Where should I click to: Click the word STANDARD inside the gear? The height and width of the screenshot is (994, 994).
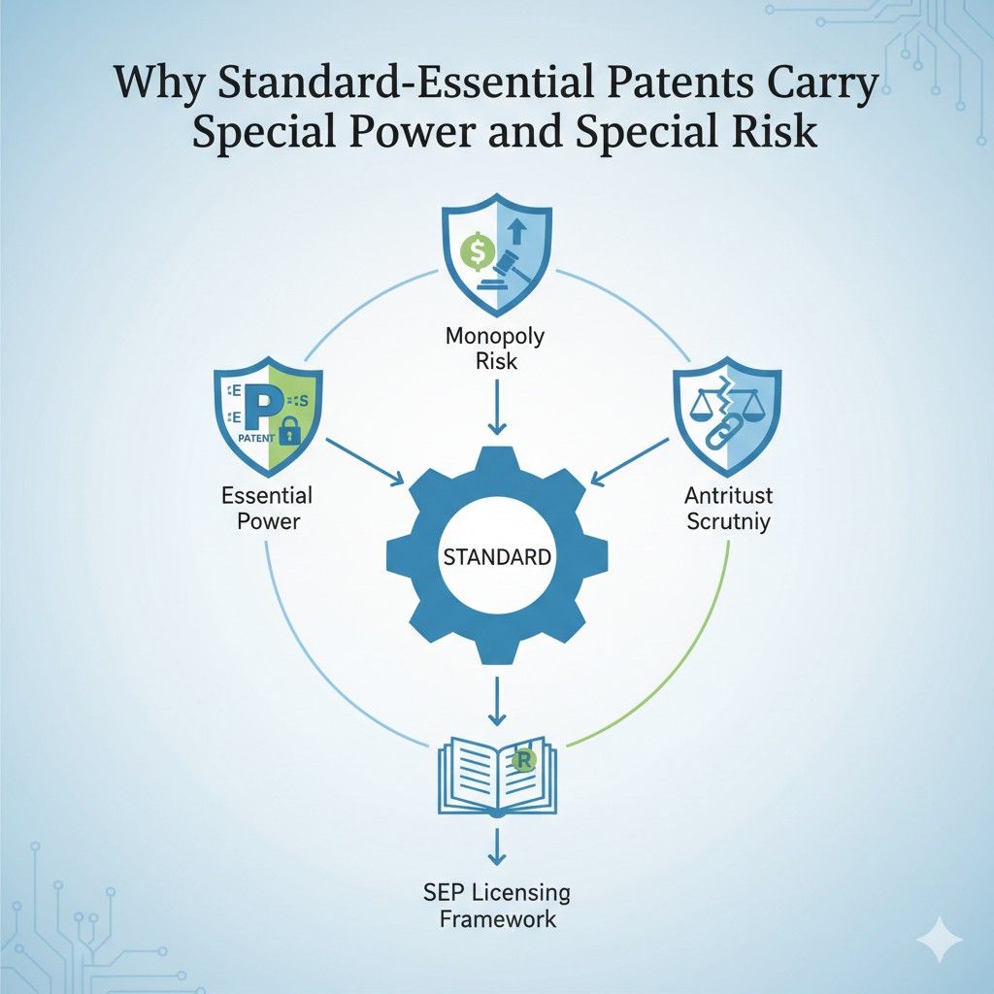(496, 558)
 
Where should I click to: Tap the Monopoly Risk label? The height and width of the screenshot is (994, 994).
(496, 348)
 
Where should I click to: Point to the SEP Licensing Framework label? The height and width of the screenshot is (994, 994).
(496, 905)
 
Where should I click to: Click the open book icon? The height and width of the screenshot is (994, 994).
(496, 775)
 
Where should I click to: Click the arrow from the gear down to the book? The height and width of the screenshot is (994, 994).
(496, 702)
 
